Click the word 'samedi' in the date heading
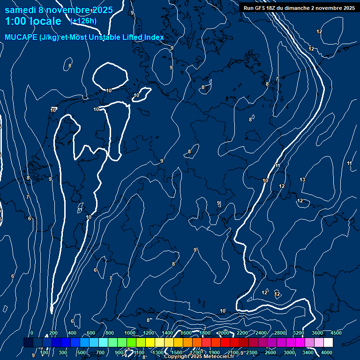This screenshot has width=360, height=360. tap(20, 10)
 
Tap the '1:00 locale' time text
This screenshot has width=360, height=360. tap(33, 22)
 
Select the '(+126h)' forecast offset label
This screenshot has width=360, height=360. tap(83, 21)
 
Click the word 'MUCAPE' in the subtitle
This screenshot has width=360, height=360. tap(21, 37)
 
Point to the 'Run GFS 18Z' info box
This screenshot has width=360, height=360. tap(299, 8)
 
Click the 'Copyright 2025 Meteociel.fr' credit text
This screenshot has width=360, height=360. tap(199, 357)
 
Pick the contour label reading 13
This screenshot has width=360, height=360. tap(302, 180)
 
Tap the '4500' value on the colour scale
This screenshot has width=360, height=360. tap(336, 333)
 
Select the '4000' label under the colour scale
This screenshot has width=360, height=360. tap(327, 352)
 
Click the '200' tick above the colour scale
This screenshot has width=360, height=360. tap(53, 333)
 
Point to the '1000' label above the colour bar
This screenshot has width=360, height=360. tap(129, 333)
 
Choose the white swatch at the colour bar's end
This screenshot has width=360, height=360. tap(328, 343)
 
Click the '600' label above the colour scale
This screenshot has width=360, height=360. tap(90, 333)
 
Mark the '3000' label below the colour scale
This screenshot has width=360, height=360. tap(289, 352)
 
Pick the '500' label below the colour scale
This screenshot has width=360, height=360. tap(82, 352)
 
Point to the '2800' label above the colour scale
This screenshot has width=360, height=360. tap(280, 333)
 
